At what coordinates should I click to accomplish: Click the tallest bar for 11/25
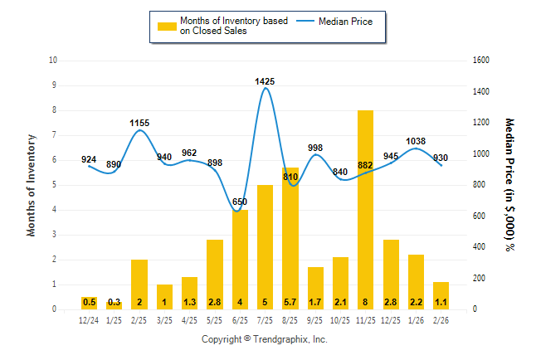[x=365, y=207]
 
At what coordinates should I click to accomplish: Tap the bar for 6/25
[x=240, y=257]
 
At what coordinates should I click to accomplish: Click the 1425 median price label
[x=265, y=81]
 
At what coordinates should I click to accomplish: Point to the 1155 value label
[x=139, y=123]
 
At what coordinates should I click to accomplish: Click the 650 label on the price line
[x=240, y=202]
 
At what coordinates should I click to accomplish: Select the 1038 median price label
[x=415, y=141]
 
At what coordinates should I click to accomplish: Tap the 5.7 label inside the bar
[x=290, y=302]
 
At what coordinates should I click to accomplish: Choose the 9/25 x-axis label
[x=314, y=319]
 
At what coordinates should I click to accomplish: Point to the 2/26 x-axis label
[x=440, y=319]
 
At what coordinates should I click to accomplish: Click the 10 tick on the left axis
[x=54, y=61]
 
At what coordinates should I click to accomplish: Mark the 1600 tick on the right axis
[x=481, y=61]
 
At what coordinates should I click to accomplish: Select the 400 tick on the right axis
[x=479, y=247]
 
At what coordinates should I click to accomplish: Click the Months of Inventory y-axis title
[x=32, y=185]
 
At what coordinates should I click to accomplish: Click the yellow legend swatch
[x=167, y=26]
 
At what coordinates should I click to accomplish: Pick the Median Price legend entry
[x=353, y=21]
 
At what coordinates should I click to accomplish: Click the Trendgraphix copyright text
[x=265, y=339]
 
